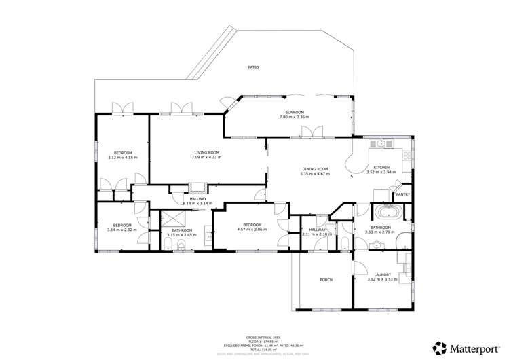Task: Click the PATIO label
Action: click(x=253, y=67)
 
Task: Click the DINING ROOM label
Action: click(x=314, y=168)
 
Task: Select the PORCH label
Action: click(x=326, y=280)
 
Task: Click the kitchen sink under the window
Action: click(x=381, y=143)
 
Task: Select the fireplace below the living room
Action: click(x=198, y=188)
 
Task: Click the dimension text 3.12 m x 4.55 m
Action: click(x=123, y=158)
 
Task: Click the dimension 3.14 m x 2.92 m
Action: click(x=122, y=230)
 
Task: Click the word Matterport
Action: click(x=476, y=348)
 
